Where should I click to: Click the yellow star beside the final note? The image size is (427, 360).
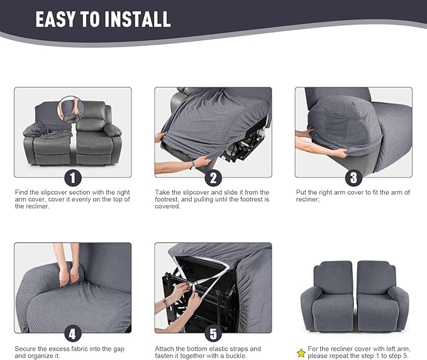301,352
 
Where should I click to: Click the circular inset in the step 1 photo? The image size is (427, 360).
71,108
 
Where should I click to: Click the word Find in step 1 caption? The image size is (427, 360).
22,192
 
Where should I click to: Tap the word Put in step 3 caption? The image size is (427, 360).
301,192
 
